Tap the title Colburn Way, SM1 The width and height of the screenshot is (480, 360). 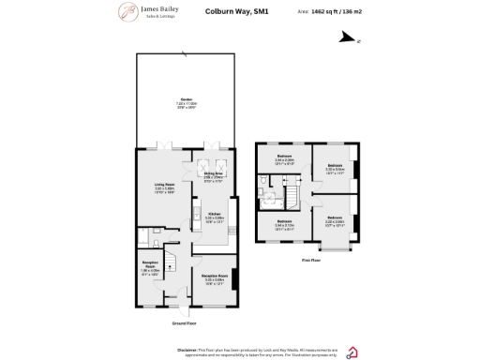(230, 12)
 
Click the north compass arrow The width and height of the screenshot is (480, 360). (349, 38)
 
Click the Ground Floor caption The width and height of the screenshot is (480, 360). (184, 322)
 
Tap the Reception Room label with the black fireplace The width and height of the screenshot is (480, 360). (214, 277)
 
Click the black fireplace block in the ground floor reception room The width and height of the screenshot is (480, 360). (235, 279)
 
